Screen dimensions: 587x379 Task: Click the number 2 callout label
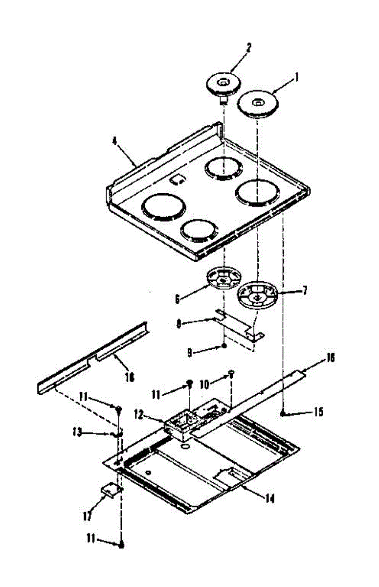point(248,47)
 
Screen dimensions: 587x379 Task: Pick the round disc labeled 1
point(257,104)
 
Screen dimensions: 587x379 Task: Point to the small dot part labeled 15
point(284,414)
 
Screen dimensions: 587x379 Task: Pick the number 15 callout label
point(318,412)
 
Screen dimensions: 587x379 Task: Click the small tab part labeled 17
point(111,489)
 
